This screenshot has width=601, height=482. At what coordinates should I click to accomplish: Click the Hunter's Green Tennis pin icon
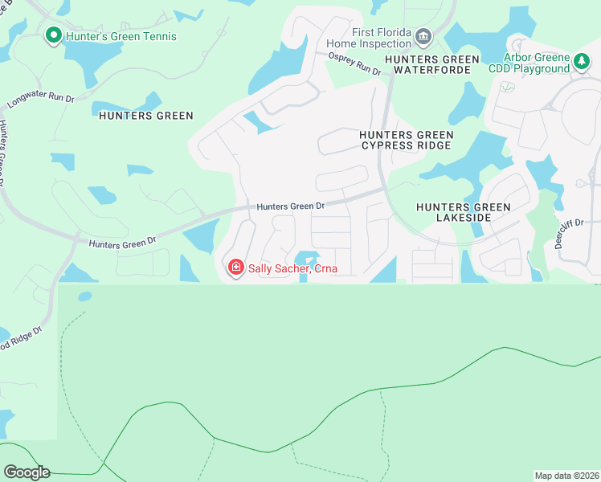[x=54, y=35]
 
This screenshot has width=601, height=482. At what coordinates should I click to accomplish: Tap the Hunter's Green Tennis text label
[x=121, y=36]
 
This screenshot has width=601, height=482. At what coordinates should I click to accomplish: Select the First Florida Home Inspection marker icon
[x=423, y=35]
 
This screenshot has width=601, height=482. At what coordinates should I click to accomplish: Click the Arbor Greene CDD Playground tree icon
[x=582, y=60]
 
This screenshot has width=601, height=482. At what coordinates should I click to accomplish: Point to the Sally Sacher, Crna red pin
[x=235, y=267]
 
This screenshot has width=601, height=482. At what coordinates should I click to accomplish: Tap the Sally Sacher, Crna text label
[x=292, y=268]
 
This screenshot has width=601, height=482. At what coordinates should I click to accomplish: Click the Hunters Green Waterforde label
[x=431, y=64]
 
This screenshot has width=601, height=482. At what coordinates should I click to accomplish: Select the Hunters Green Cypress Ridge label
[x=407, y=140]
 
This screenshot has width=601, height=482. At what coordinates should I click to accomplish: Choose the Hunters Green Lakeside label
[x=463, y=212]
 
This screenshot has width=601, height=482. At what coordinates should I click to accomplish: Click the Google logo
[x=27, y=472]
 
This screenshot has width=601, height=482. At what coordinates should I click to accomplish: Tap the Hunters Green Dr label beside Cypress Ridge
[x=290, y=206]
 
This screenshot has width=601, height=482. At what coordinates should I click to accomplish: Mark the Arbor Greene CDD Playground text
[x=529, y=63]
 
